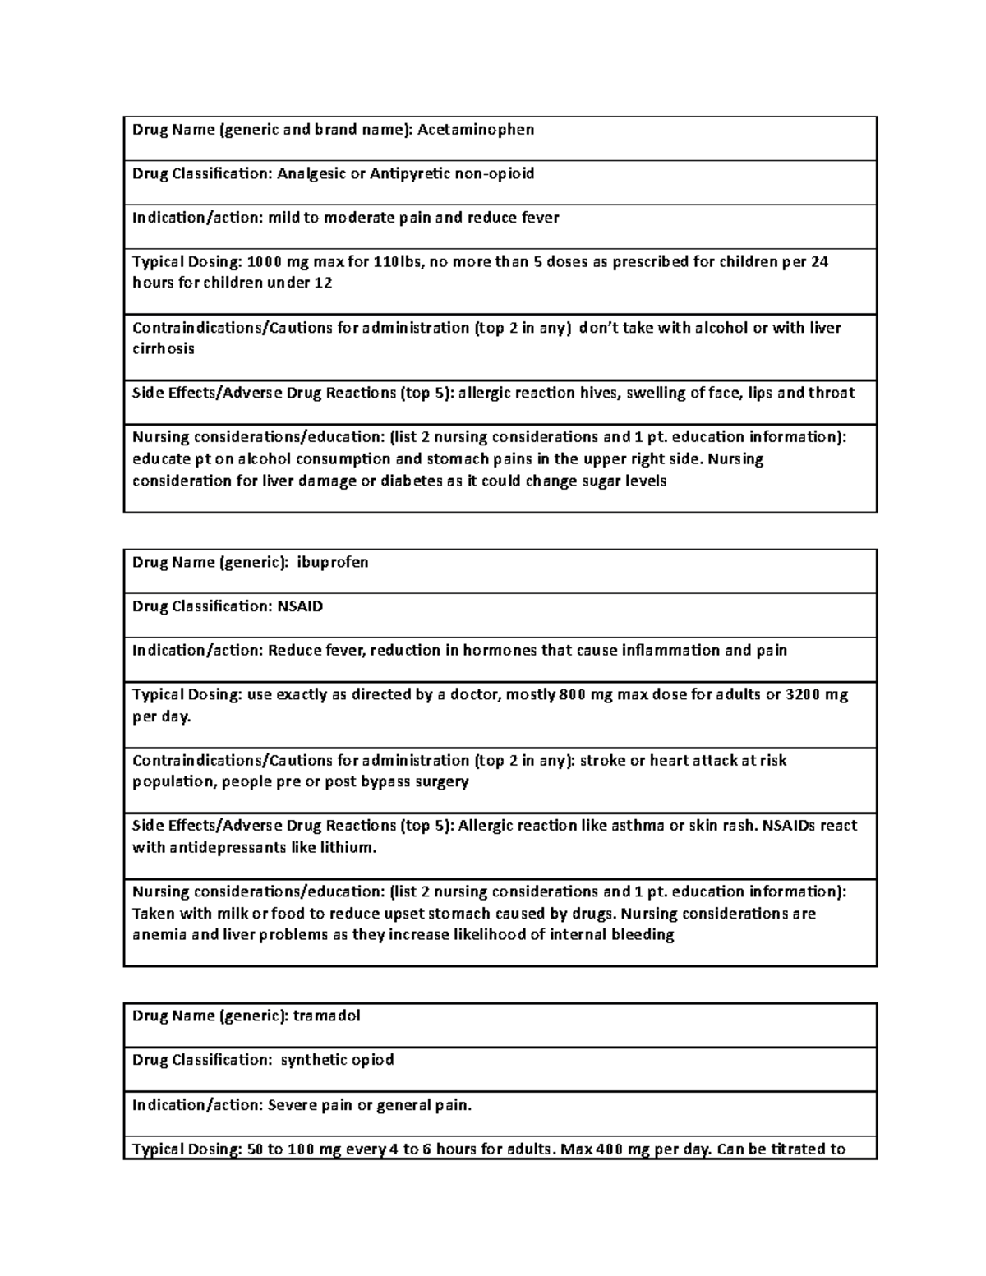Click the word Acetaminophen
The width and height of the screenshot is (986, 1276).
pos(476,130)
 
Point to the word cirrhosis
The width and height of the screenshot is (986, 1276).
pos(164,348)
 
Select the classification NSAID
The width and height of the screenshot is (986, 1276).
pos(300,606)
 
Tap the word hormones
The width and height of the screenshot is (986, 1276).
pos(500,651)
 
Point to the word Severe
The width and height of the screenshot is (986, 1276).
pos(293,1105)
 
